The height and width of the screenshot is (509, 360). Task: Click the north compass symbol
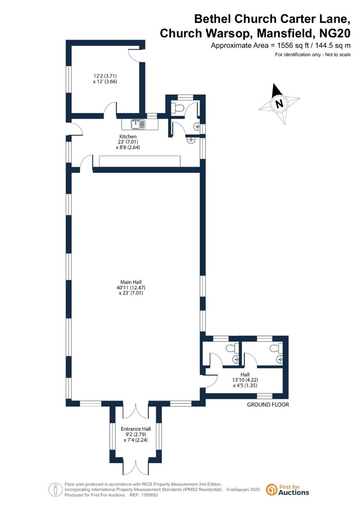pos(279,104)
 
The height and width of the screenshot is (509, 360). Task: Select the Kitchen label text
pos(127,136)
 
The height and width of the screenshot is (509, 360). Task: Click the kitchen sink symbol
pos(139,123)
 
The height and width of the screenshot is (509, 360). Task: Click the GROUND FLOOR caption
pos(268,405)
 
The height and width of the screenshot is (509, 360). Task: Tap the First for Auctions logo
pos(288,490)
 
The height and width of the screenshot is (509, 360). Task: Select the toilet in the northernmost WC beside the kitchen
pos(179,108)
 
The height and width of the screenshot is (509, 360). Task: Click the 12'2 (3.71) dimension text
pos(105,76)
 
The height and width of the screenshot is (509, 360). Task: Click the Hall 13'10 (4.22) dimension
pos(245,379)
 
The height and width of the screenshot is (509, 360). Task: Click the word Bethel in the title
pos(213,19)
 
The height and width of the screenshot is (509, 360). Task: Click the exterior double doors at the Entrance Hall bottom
pos(135,468)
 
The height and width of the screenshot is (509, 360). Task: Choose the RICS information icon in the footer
pos(55,489)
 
